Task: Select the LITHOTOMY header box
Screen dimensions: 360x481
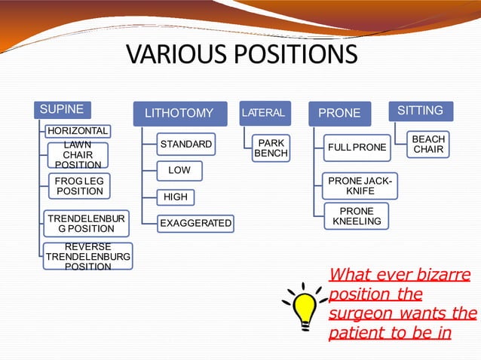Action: (179, 114)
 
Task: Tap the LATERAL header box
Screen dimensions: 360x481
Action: (263, 113)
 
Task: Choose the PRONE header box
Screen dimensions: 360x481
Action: (339, 114)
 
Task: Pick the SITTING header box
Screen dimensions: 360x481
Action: (420, 111)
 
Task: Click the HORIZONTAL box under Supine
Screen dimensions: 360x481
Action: (77, 131)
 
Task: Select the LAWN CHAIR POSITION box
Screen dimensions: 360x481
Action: (78, 154)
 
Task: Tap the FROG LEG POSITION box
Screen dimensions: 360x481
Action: (79, 185)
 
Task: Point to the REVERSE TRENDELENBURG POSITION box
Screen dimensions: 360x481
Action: (87, 257)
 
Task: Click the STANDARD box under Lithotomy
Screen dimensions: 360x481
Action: (186, 144)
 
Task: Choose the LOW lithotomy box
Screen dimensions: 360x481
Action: (179, 170)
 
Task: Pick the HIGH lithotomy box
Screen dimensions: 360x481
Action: (176, 197)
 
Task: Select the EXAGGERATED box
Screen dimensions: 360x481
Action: (196, 224)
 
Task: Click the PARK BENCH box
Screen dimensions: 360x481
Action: (271, 148)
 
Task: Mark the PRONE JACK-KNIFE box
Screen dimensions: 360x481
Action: (360, 185)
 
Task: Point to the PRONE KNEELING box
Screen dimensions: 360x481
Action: (357, 216)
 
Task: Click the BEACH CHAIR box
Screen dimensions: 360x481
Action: (428, 144)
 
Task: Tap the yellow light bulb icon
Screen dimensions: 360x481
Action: (305, 305)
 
